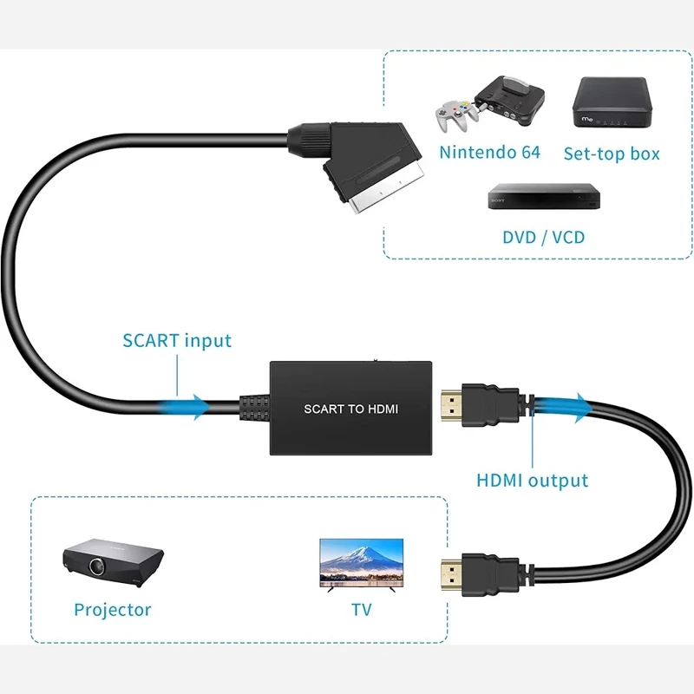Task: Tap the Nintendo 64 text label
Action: (489, 153)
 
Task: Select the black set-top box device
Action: (611, 101)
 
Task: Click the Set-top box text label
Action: (612, 154)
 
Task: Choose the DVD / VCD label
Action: (544, 236)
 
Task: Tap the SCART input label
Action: (177, 339)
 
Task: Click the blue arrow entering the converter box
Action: (187, 405)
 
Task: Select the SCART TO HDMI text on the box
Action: (350, 409)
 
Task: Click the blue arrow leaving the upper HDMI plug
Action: (568, 405)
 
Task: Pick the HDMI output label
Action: (532, 480)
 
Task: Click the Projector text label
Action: (113, 610)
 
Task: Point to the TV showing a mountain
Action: (362, 561)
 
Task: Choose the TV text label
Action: (362, 610)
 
